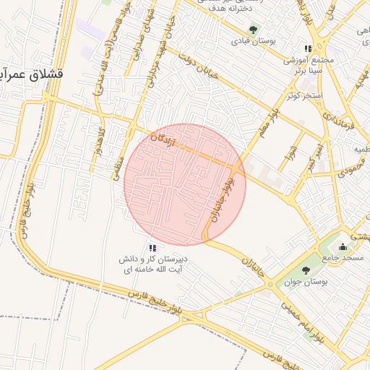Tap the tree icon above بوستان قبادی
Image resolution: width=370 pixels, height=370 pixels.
tap(253, 29)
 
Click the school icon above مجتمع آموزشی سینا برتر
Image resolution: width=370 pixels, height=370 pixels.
tap(309, 48)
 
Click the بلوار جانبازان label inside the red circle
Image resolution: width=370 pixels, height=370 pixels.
tap(222, 200)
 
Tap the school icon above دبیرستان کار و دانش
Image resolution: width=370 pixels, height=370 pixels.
tap(152, 248)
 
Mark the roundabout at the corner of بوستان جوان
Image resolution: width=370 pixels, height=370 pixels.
tap(270, 285)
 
